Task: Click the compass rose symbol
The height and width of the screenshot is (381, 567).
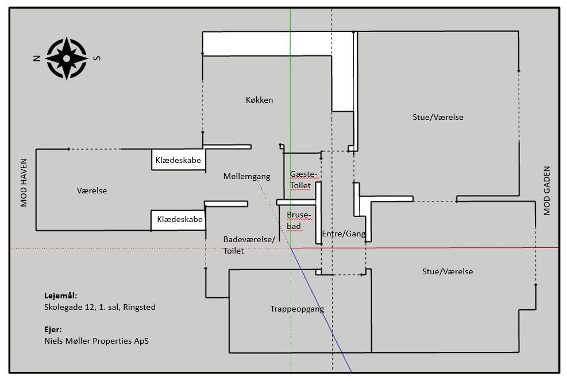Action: click(67, 58)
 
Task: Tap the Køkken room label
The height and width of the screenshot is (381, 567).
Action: click(259, 100)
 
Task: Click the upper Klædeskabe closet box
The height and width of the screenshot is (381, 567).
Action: click(178, 161)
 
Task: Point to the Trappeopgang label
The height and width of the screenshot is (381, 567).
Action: click(297, 309)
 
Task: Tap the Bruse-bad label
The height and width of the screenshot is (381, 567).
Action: click(298, 220)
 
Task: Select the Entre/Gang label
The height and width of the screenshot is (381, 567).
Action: click(344, 234)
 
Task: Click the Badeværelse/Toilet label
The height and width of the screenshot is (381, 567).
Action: click(249, 245)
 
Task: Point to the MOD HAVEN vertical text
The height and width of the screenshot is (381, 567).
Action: click(24, 183)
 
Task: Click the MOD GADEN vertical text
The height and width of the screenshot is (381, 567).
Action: click(546, 190)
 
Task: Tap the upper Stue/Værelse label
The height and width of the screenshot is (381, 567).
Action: click(438, 117)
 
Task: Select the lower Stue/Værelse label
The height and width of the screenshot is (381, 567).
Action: click(448, 271)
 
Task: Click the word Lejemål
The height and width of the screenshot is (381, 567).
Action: click(60, 296)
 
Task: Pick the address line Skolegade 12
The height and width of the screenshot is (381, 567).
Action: click(99, 307)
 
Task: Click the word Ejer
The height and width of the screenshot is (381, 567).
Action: click(53, 330)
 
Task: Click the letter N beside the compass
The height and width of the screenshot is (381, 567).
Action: click(36, 58)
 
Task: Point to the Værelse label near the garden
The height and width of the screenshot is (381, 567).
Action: click(92, 190)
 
